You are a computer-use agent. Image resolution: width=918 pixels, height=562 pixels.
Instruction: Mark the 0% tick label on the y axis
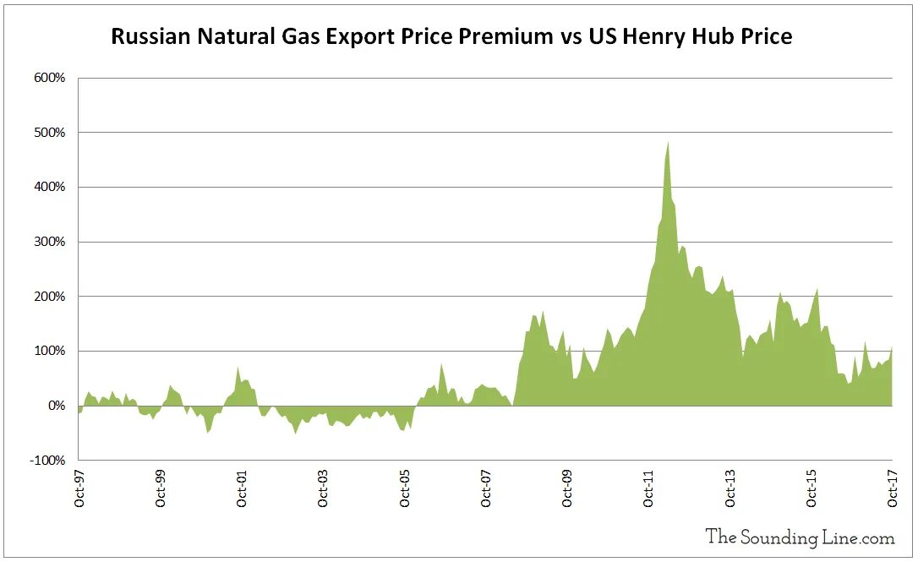57,406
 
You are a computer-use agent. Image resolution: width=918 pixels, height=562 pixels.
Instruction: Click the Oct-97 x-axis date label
79,488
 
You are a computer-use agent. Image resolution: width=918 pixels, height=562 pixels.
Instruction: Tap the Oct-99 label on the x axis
161,488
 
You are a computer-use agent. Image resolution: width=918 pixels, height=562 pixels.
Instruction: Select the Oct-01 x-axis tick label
242,488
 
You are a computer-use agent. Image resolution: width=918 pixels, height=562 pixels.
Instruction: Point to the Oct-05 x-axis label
405,488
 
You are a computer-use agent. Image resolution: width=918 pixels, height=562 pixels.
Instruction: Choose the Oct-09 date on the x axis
567,488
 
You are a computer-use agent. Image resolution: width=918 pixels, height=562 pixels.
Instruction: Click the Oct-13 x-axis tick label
730,488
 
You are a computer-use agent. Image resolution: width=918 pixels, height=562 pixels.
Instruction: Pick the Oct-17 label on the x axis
893,488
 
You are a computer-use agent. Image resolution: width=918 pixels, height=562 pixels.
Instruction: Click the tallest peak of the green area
668,144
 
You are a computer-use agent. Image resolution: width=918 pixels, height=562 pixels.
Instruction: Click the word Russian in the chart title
152,37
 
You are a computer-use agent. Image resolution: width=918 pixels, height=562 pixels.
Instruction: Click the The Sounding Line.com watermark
800,536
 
